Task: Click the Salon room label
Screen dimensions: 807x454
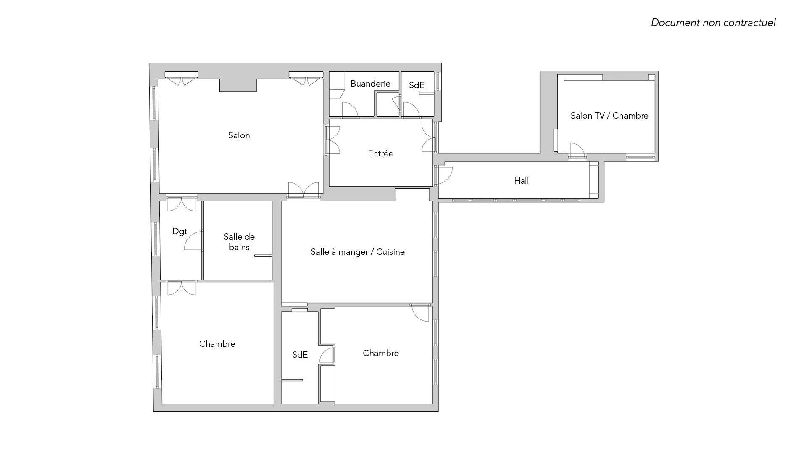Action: coord(239,135)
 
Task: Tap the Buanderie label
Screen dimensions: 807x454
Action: coord(370,84)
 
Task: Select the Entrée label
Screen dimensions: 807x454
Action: coord(381,153)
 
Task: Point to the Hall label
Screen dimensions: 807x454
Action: coord(521,181)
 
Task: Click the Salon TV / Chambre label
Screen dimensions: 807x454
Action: coord(609,116)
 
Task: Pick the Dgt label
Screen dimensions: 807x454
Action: coord(180,231)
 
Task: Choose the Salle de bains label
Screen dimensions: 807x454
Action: coord(239,242)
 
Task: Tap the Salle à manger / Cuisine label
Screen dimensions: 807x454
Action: coord(358,252)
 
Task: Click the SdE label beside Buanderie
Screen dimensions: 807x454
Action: coord(417,85)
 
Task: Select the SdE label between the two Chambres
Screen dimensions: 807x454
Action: coord(300,355)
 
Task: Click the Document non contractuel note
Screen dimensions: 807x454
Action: coord(713,23)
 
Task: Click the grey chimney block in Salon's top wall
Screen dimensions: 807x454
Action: coord(238,85)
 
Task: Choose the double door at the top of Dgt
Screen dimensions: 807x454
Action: coord(182,204)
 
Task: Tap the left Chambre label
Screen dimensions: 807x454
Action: coord(217,344)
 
